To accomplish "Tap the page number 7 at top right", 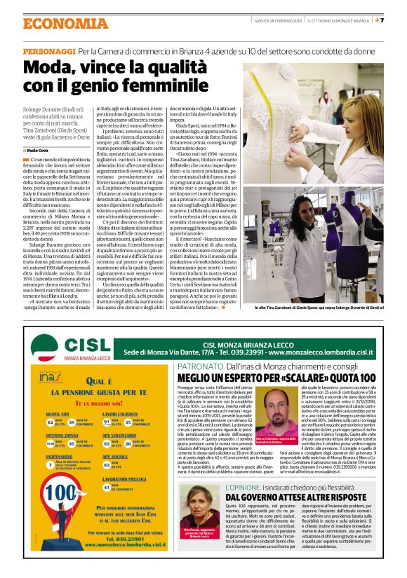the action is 401,20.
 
